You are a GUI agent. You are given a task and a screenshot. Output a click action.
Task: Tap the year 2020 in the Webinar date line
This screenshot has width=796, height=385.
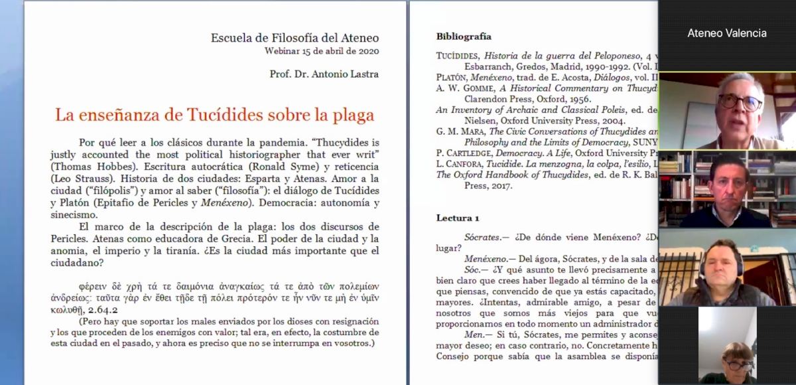[367, 51]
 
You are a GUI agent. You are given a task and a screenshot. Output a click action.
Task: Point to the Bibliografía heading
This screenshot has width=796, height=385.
[464, 37]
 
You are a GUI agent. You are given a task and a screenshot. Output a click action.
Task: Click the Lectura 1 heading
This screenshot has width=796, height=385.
[457, 218]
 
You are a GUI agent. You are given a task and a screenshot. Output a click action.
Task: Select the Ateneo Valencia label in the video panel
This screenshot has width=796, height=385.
[727, 33]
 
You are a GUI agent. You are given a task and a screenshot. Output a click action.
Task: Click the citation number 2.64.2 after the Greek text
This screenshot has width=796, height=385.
[99, 310]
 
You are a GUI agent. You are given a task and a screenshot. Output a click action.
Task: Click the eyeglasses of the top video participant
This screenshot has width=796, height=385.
[740, 102]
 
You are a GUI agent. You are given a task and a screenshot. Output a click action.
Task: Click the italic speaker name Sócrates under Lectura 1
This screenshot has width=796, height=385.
[485, 237]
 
